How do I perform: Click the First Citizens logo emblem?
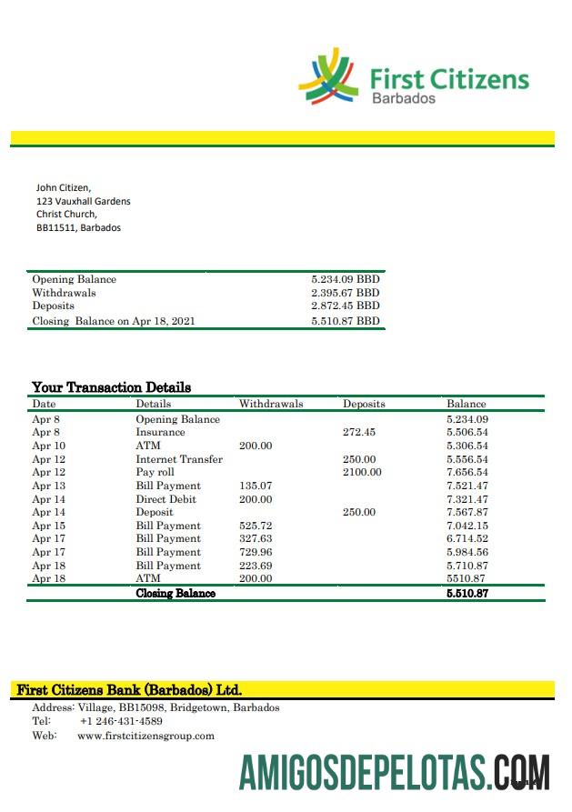pos(329,76)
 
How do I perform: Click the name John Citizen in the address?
pos(64,187)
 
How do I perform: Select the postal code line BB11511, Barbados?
pos(78,227)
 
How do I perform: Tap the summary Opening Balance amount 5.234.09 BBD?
pos(345,280)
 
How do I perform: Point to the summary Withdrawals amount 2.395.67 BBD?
pos(345,293)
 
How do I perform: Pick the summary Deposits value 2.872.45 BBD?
pos(345,306)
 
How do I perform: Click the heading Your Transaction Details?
pos(111,387)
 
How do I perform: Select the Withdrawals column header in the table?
pos(271,404)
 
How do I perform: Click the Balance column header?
pos(466,404)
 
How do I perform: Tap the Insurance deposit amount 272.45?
pos(358,433)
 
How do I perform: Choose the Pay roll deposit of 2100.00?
pos(362,472)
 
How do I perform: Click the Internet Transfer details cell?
pos(179,459)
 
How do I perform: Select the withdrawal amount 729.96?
pos(255,552)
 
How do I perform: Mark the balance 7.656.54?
pos(467,472)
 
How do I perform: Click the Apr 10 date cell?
pos(48,446)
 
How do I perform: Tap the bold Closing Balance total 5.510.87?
pos(467,593)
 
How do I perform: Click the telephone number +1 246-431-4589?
pos(121,721)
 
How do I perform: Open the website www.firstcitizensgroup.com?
pos(146,736)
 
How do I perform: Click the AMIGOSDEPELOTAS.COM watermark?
pos(394,771)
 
